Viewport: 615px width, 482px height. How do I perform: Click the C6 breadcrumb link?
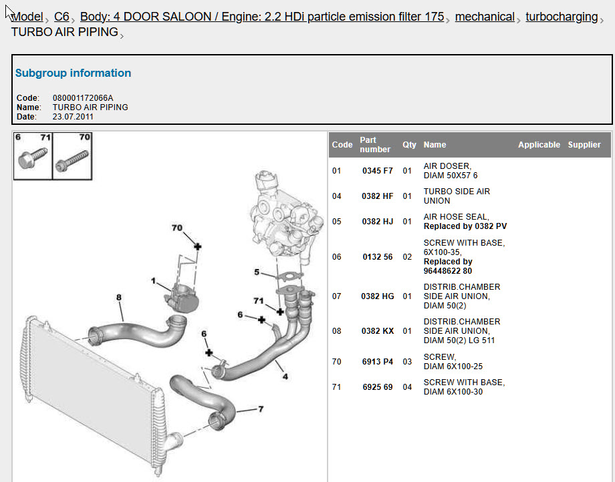[x=61, y=17]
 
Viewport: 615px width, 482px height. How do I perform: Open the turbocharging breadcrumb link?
[x=562, y=17]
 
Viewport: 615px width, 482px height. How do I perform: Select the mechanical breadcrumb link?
[x=485, y=17]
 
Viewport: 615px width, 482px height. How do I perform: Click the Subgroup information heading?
[x=73, y=73]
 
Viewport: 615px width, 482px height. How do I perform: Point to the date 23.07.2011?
[x=73, y=117]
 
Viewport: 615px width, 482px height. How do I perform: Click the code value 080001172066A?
[x=83, y=98]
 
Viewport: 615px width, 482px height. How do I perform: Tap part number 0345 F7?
[x=377, y=171]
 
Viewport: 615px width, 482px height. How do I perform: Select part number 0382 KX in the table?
[x=377, y=331]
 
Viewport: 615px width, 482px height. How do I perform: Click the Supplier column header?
[x=584, y=144]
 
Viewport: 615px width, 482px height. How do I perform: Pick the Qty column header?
[x=409, y=144]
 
